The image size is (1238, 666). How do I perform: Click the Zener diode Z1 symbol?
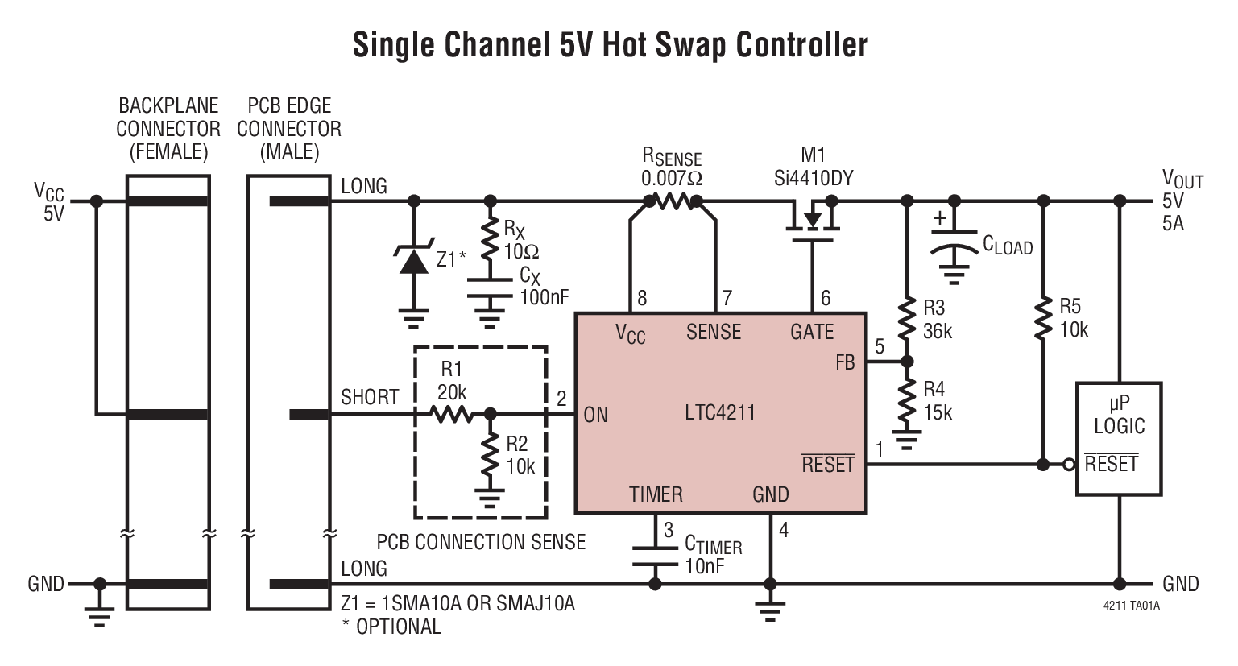pos(414,259)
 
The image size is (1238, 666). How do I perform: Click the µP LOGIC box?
pos(1119,439)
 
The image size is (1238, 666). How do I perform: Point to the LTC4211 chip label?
pos(720,413)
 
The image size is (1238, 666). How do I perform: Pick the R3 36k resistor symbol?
pos(907,319)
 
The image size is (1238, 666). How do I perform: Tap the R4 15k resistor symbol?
pos(907,400)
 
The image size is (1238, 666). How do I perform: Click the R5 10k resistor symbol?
pos(1043,318)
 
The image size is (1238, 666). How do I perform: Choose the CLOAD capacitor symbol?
pos(954,245)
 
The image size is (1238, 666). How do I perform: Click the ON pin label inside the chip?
pos(596,415)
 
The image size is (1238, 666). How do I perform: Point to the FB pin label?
pos(844,363)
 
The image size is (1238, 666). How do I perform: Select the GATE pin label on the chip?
pos(811,332)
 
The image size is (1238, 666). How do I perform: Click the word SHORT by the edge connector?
pos(370,397)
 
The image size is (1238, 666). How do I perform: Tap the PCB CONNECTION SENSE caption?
pos(481,542)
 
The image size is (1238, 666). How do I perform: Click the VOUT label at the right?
pos(1182,179)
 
